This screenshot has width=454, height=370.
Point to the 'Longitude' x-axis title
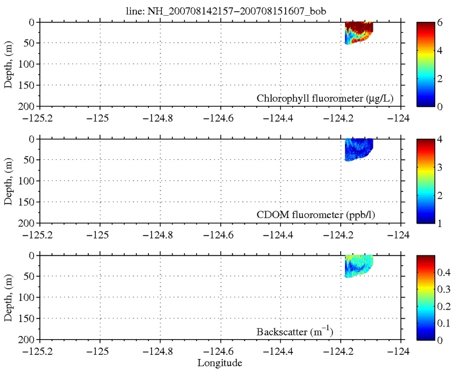tap(220, 363)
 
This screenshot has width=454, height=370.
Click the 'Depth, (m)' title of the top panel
tap(8, 64)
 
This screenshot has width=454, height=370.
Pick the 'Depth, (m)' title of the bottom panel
tap(8, 297)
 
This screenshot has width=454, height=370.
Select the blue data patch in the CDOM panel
tap(357, 148)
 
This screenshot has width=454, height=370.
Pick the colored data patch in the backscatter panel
tap(357, 265)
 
